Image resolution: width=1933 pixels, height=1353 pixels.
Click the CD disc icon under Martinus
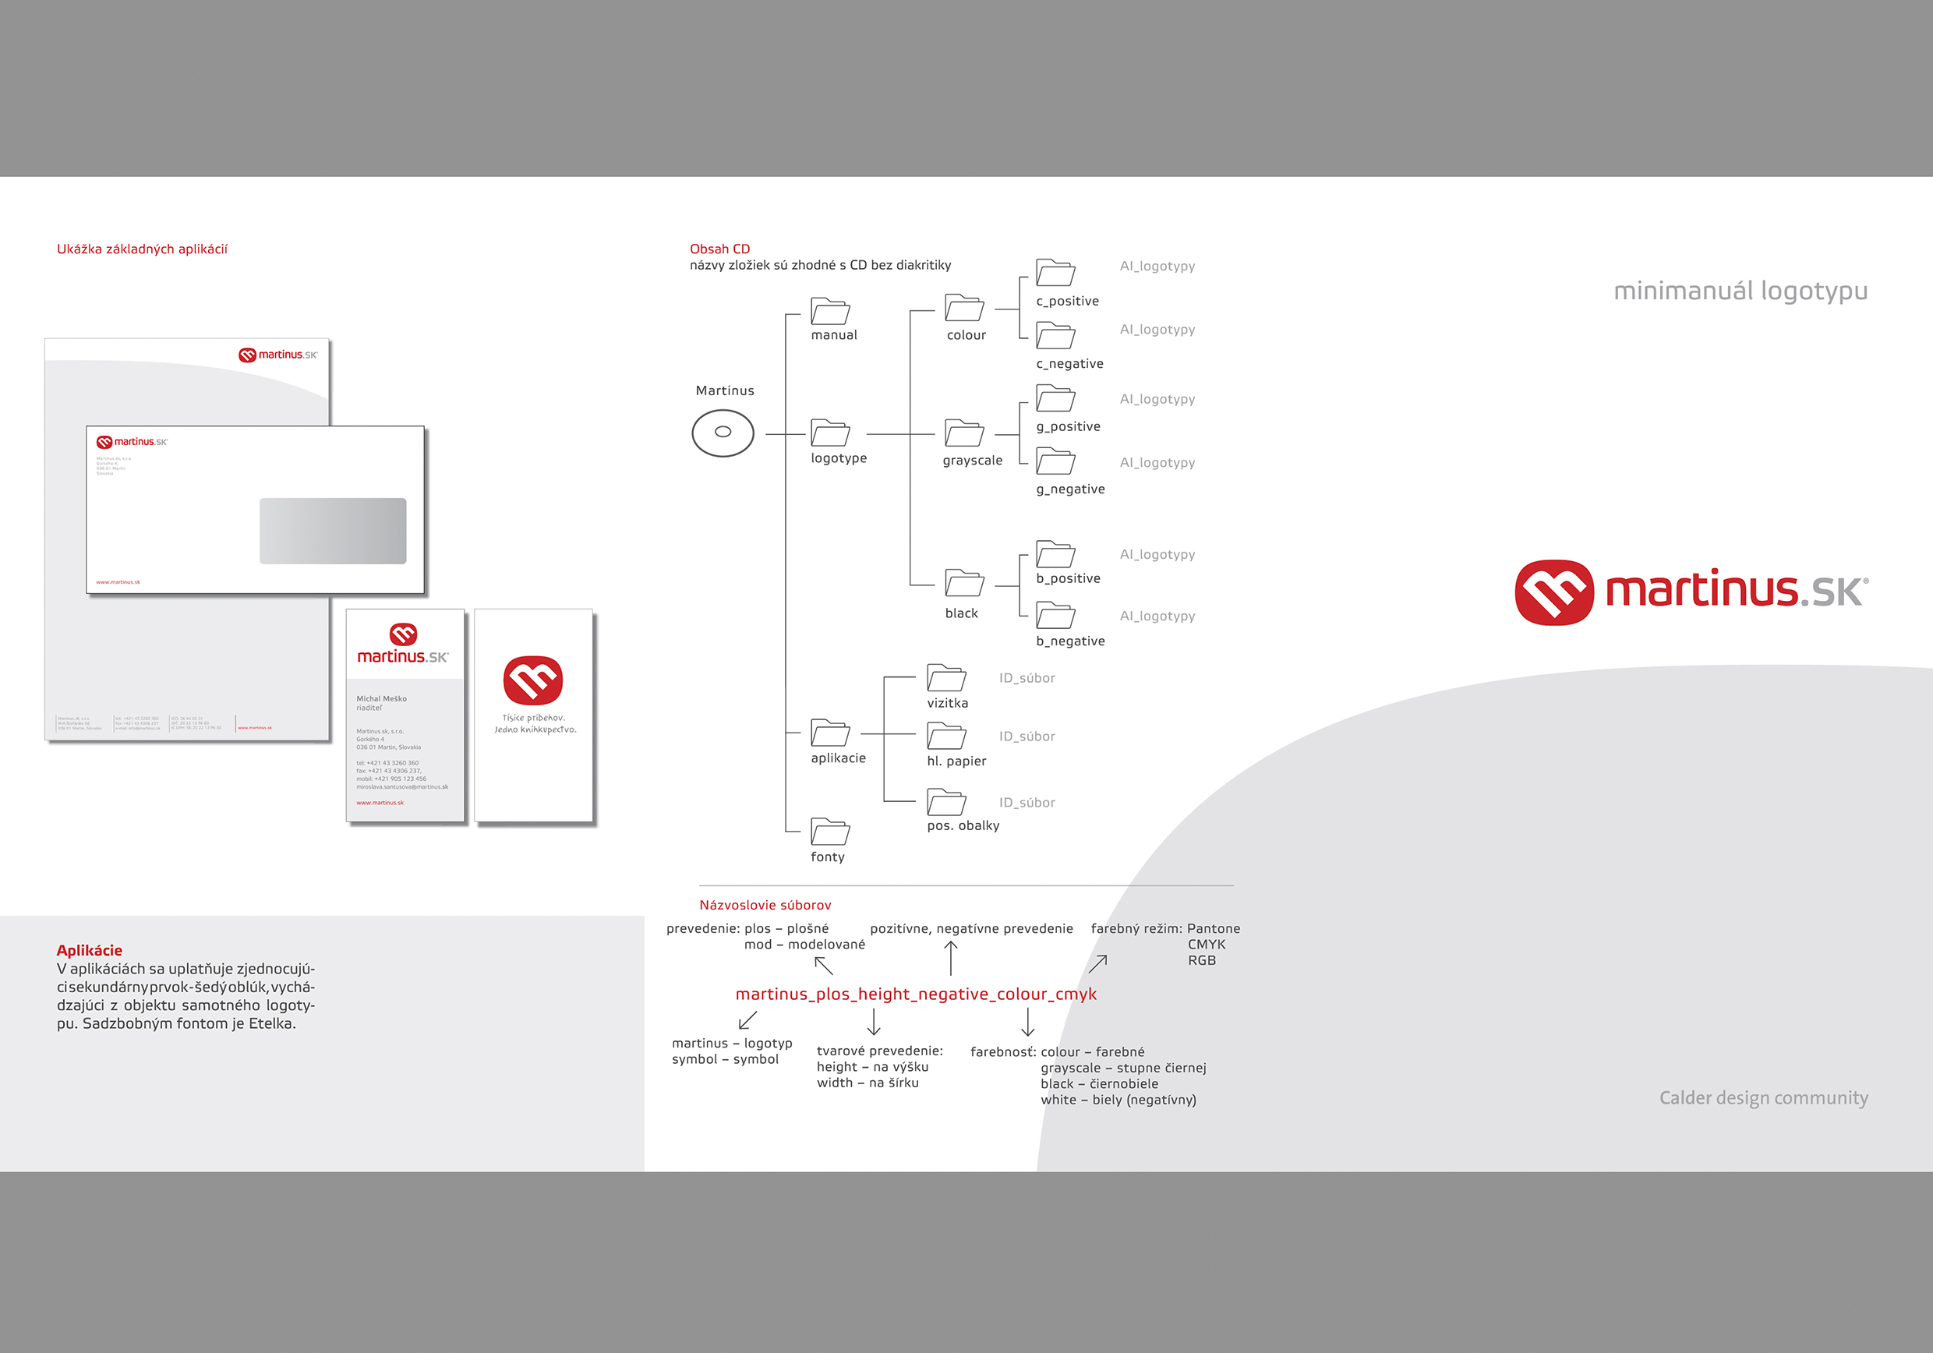pyautogui.click(x=723, y=433)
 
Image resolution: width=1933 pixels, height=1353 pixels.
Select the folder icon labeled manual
pyautogui.click(x=830, y=311)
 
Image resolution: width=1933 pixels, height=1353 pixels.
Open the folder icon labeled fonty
pyautogui.click(x=830, y=832)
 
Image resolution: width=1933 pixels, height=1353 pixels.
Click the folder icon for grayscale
pyautogui.click(x=964, y=433)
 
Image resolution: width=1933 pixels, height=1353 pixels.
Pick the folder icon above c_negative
pyautogui.click(x=1055, y=336)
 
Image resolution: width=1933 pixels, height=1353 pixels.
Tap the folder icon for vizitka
pyautogui.click(x=946, y=678)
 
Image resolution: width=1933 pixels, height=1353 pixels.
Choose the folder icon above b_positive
pyautogui.click(x=1055, y=554)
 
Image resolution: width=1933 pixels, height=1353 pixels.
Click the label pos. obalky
pyautogui.click(x=963, y=826)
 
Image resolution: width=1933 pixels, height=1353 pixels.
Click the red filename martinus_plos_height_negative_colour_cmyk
pyautogui.click(x=916, y=994)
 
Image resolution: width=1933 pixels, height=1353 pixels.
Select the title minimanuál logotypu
pyautogui.click(x=1740, y=291)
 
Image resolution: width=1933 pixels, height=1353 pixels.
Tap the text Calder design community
pyautogui.click(x=1763, y=1098)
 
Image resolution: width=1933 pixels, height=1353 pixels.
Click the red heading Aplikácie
pyautogui.click(x=89, y=951)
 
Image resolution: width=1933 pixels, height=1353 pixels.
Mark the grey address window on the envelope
pyautogui.click(x=333, y=531)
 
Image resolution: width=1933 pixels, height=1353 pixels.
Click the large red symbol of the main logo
pyautogui.click(x=1554, y=593)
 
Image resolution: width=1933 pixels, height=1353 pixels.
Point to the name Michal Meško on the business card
pyautogui.click(x=381, y=699)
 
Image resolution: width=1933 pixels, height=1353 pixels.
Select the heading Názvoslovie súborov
pyautogui.click(x=765, y=905)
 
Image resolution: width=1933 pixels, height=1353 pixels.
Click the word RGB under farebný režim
pyautogui.click(x=1201, y=961)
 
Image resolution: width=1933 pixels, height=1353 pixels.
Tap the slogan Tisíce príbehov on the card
pyautogui.click(x=534, y=718)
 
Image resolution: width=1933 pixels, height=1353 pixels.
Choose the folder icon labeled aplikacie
pyautogui.click(x=830, y=733)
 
